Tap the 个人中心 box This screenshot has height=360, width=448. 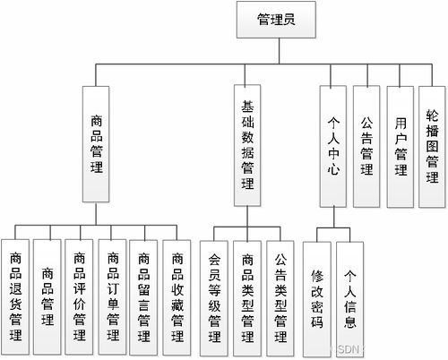click(x=333, y=146)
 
